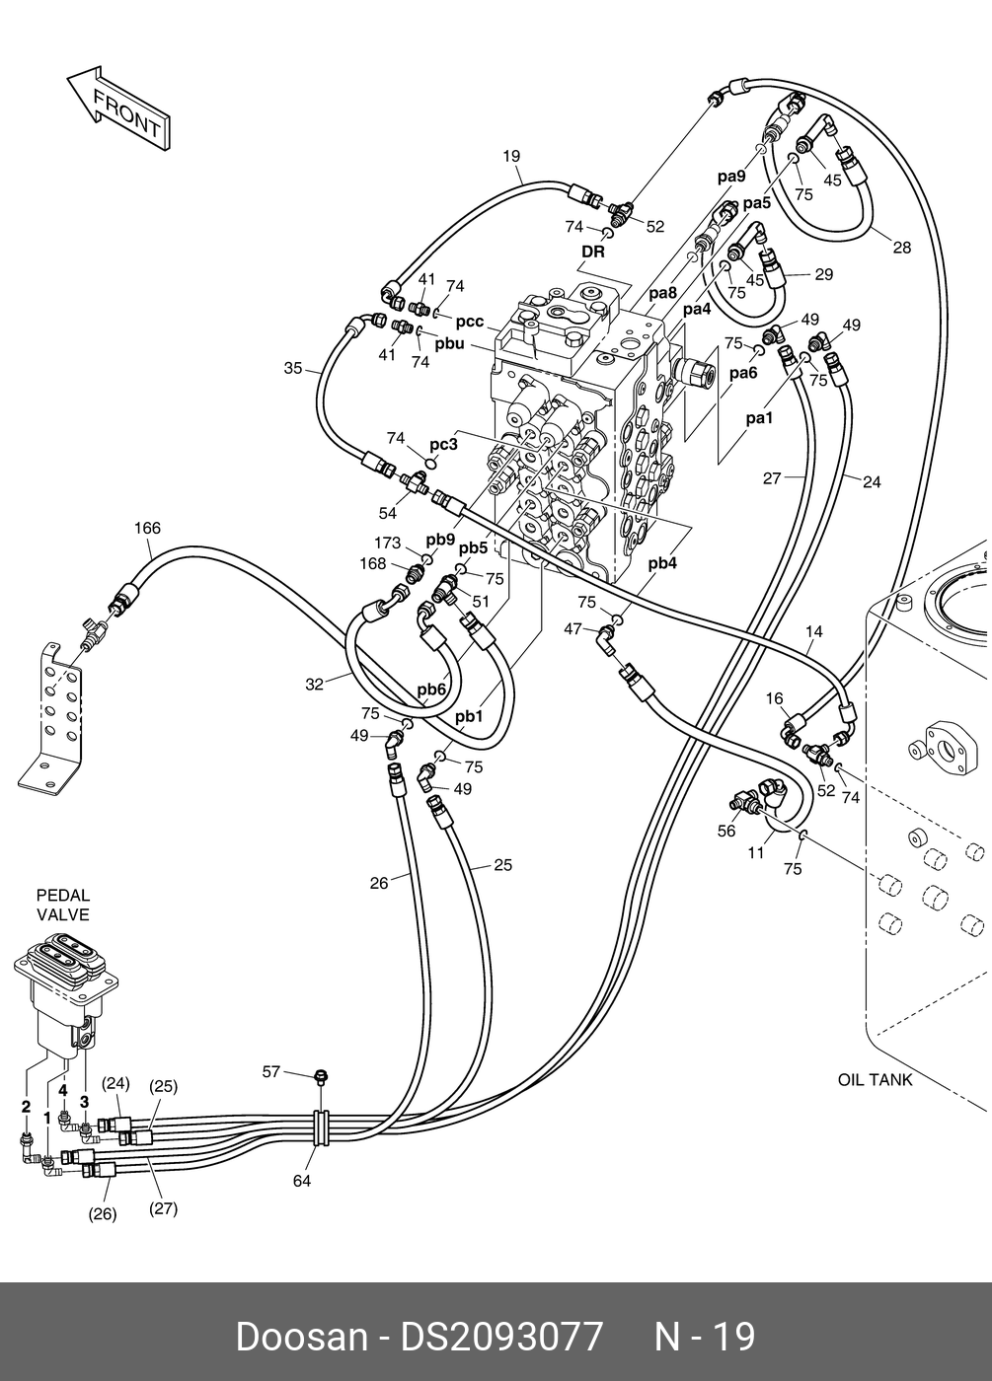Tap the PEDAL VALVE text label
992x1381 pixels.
(x=63, y=905)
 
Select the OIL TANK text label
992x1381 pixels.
(x=875, y=1079)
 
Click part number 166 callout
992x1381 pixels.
(x=147, y=529)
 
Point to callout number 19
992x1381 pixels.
(x=510, y=156)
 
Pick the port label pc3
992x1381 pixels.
(x=443, y=445)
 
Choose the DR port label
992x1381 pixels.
(x=592, y=252)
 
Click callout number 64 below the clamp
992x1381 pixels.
(x=302, y=1180)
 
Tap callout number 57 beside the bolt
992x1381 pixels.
(x=271, y=1071)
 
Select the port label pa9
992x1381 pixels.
(x=731, y=177)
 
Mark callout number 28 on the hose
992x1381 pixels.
(x=901, y=248)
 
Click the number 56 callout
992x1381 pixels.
(x=726, y=831)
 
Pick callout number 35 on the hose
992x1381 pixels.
(x=293, y=369)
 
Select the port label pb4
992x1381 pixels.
(x=662, y=564)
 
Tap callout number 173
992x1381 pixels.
(x=388, y=544)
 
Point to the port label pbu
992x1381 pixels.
(x=449, y=343)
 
